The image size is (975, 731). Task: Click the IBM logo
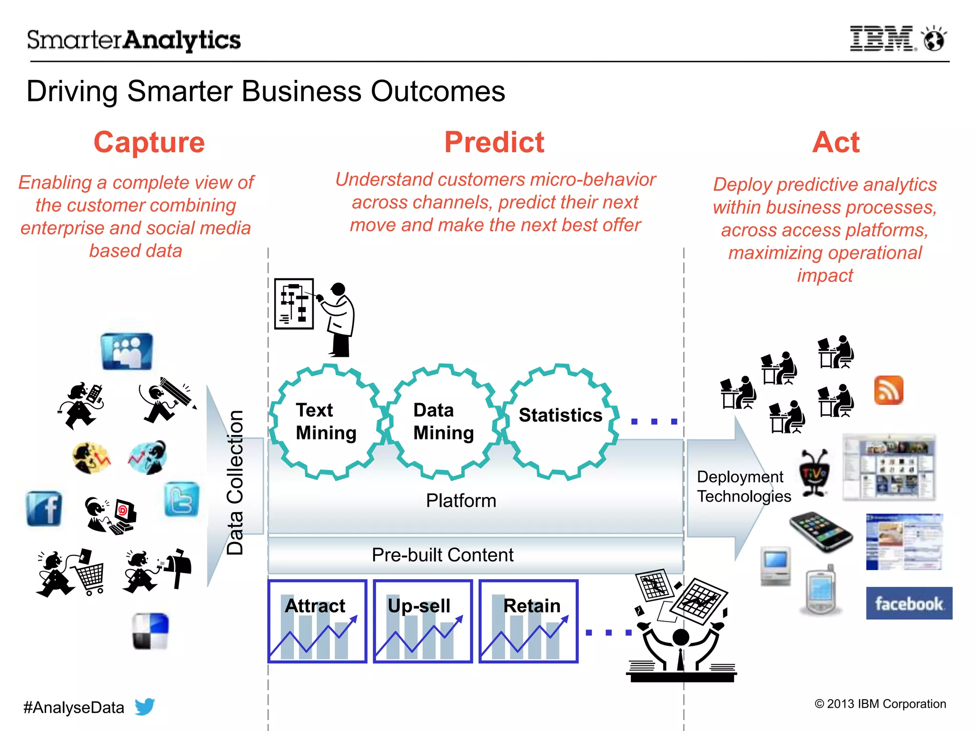[x=881, y=39]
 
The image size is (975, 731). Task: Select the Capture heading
[x=149, y=142]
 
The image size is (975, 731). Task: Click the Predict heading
[x=494, y=142]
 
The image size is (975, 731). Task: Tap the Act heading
[x=836, y=142]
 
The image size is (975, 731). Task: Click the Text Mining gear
[x=327, y=422]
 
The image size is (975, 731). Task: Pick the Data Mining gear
[x=444, y=422]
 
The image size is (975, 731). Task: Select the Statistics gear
[x=560, y=421]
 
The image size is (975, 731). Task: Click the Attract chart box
[x=317, y=621]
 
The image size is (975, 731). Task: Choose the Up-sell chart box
[x=423, y=621]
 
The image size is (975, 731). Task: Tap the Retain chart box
[x=528, y=621]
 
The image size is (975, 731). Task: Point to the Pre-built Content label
[x=442, y=555]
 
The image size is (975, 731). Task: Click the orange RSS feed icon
[x=888, y=390]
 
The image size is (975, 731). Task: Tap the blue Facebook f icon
[x=44, y=508]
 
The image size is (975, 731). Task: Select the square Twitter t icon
[x=181, y=499]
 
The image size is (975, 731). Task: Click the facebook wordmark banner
[x=908, y=603]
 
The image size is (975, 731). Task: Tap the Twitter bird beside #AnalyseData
[x=145, y=706]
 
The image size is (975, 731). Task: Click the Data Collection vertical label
[x=235, y=482]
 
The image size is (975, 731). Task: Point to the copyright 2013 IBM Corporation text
[x=880, y=704]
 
